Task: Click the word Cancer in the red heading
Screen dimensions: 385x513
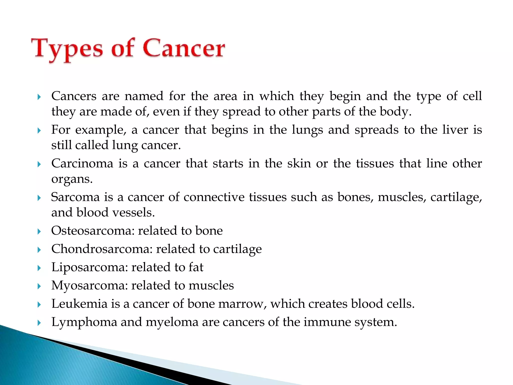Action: pyautogui.click(x=184, y=48)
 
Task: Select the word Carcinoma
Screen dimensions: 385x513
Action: pyautogui.click(x=82, y=163)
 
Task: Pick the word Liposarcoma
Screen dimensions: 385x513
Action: pyautogui.click(x=89, y=267)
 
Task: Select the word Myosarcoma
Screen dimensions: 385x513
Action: pyautogui.click(x=89, y=285)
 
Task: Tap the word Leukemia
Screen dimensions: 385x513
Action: pyautogui.click(x=79, y=304)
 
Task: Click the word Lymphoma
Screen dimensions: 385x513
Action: pyautogui.click(x=84, y=322)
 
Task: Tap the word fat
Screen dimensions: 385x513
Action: pyautogui.click(x=196, y=267)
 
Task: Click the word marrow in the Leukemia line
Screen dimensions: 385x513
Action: pyautogui.click(x=242, y=304)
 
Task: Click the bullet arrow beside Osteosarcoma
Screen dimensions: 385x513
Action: pyautogui.click(x=39, y=231)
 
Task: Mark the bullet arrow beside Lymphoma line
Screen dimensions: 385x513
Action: pyautogui.click(x=39, y=323)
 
